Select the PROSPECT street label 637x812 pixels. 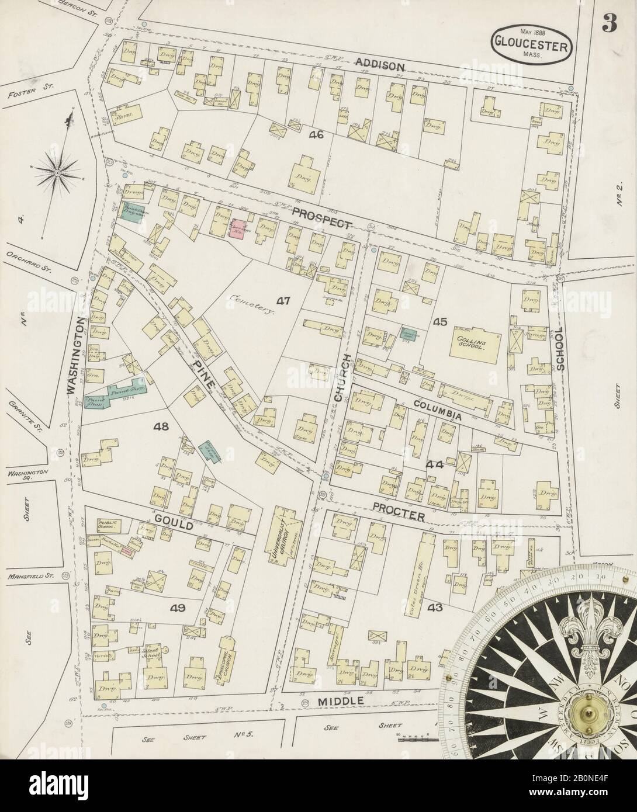(x=322, y=217)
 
